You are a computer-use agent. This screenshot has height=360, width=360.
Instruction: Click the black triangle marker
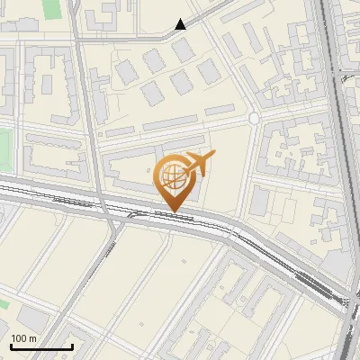coord(181,24)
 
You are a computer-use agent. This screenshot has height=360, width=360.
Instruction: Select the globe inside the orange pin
coord(172,176)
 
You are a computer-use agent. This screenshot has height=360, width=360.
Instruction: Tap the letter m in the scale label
coord(33,338)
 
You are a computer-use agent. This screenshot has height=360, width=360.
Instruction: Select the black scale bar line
coord(41,346)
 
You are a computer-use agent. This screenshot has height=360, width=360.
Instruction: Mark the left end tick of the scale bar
coord(12,345)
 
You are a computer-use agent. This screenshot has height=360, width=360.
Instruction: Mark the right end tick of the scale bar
coord(72,345)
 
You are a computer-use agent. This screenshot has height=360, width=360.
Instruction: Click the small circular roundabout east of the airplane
coord(254,118)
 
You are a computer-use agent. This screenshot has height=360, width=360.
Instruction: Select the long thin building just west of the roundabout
coord(220,110)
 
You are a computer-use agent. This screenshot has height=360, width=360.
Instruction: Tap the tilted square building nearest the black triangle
coord(184,50)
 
